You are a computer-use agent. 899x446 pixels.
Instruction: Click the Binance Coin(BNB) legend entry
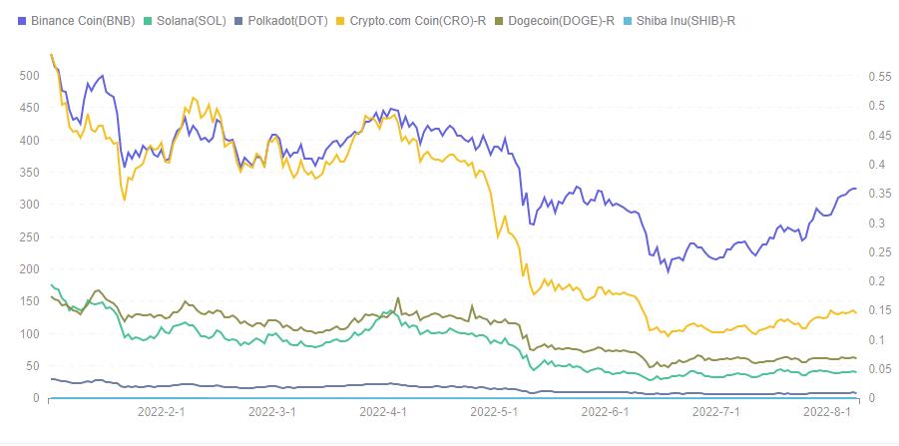click(81, 20)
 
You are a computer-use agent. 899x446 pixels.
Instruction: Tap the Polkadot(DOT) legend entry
click(290, 20)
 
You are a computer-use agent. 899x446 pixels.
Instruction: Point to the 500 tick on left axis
click(30, 75)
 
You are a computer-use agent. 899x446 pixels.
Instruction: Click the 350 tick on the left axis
click(30, 172)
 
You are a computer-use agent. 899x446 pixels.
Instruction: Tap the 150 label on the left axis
click(30, 301)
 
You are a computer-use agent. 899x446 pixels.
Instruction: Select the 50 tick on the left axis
click(33, 366)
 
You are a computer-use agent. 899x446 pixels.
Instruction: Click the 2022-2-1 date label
click(162, 411)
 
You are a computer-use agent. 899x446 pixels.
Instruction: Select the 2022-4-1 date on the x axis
click(382, 411)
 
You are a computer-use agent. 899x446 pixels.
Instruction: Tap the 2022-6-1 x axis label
click(604, 411)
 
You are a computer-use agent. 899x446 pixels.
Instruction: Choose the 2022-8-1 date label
click(826, 411)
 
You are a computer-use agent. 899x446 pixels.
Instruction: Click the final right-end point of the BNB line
click(855, 189)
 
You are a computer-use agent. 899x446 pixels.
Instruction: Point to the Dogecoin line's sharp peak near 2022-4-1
click(399, 297)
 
